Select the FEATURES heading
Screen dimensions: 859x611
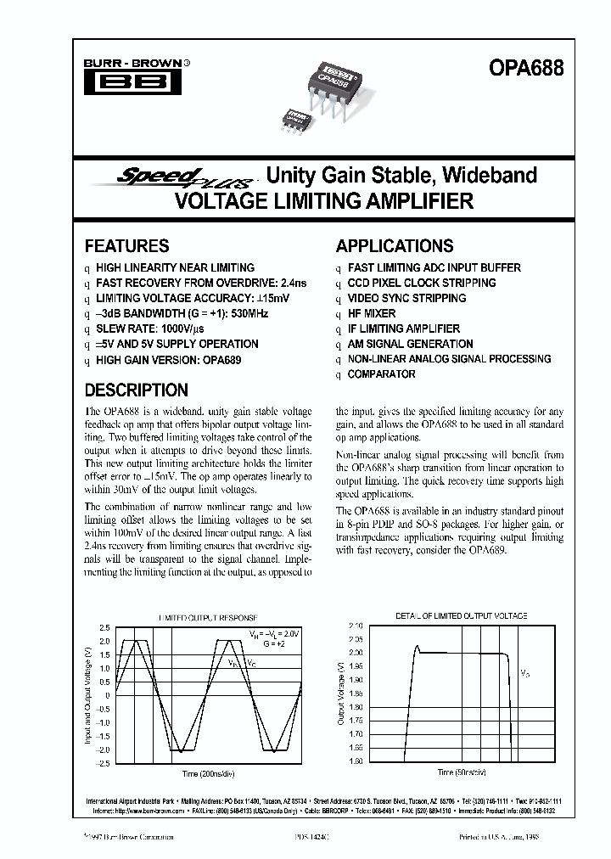[x=126, y=246]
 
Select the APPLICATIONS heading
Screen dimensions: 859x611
[x=395, y=246]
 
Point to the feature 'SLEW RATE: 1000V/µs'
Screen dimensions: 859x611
[x=154, y=328]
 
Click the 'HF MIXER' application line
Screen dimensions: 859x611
[x=372, y=313]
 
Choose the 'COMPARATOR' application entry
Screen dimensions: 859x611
[x=381, y=374]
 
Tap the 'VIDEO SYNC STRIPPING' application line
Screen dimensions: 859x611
[x=406, y=298]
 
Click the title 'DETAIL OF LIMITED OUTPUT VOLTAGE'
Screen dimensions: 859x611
[x=461, y=615]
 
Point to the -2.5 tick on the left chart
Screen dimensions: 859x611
[x=103, y=764]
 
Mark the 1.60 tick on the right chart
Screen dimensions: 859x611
[x=356, y=761]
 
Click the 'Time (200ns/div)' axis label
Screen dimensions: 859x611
[x=204, y=774]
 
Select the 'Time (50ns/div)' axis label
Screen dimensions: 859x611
[x=462, y=773]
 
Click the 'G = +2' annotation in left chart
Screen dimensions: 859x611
[x=271, y=645]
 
